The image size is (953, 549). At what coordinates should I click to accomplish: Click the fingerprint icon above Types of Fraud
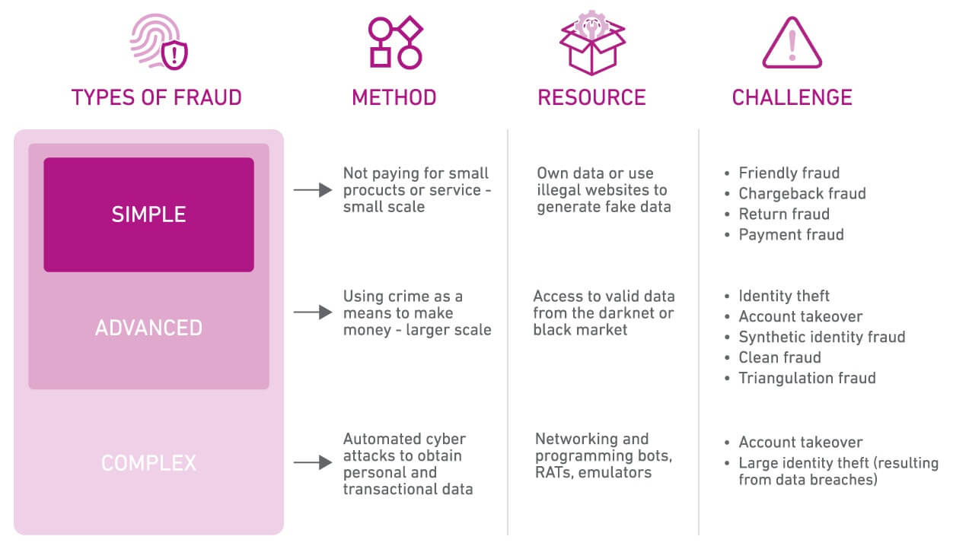(158, 43)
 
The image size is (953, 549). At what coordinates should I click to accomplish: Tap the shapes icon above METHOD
(394, 42)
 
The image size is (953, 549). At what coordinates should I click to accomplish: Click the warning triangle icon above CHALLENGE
(792, 43)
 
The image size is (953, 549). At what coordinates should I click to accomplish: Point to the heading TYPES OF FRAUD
(156, 97)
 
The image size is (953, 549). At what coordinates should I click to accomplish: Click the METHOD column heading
(394, 97)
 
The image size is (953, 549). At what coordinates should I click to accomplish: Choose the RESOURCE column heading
(591, 97)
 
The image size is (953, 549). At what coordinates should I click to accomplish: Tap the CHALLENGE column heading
(792, 97)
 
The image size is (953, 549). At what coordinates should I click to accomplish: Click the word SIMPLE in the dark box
(148, 214)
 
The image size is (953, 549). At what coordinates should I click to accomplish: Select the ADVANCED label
(148, 328)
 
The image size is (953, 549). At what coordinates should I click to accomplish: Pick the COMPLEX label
(148, 462)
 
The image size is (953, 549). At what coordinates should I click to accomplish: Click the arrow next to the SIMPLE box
(313, 190)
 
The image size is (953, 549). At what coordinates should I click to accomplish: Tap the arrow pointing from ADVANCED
(313, 313)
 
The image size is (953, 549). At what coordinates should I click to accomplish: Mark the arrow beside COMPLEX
(313, 462)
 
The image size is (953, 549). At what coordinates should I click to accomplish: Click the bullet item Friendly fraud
(789, 173)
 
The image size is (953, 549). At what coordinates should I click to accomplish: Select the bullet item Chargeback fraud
(802, 194)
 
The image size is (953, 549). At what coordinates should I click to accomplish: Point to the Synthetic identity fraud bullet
(821, 337)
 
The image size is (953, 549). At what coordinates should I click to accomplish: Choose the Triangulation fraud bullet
(807, 378)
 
